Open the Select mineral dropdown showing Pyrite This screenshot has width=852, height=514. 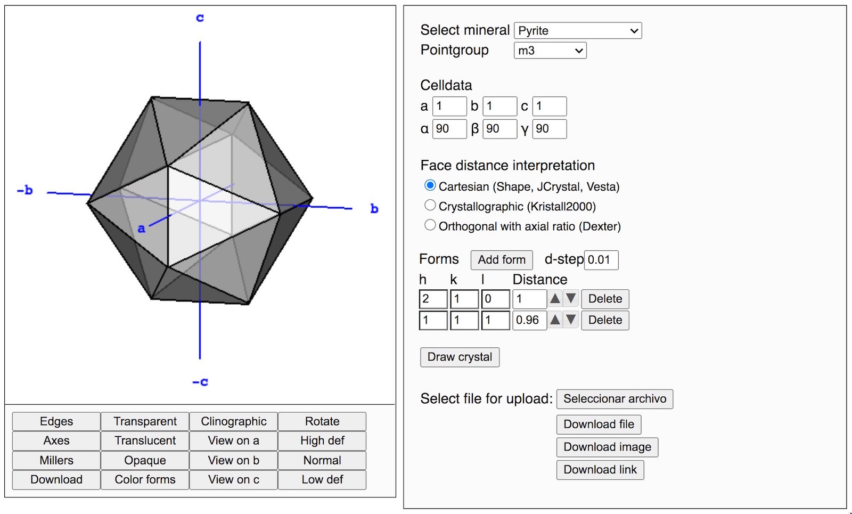point(577,30)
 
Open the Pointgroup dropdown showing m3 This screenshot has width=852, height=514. point(550,50)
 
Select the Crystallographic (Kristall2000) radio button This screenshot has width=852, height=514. point(430,206)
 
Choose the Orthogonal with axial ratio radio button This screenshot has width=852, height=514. point(430,225)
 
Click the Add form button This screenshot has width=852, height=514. point(501,260)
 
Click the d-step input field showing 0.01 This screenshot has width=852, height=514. point(601,260)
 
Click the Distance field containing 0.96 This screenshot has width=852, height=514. point(529,320)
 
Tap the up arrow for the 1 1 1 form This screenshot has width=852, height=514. point(555,320)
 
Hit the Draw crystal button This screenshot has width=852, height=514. point(460,357)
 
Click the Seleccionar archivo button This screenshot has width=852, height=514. point(615,399)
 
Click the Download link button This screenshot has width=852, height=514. point(600,470)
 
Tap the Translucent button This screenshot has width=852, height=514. point(145,440)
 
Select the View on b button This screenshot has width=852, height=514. point(234,460)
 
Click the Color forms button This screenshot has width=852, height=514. point(145,479)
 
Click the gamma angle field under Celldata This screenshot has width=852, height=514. point(549,129)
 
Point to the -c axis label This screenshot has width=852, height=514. point(200,381)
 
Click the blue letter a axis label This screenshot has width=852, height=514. point(141,229)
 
